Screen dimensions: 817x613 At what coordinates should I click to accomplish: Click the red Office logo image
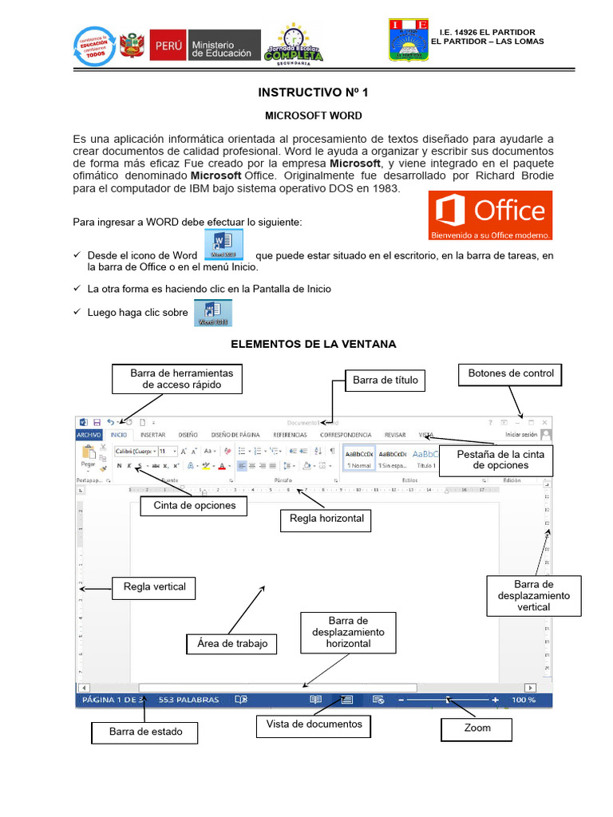point(490,215)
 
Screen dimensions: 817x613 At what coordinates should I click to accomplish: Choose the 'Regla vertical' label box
point(154,587)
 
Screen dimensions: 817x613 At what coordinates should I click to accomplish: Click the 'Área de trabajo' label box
point(232,643)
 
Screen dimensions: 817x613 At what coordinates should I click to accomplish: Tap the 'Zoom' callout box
point(477,728)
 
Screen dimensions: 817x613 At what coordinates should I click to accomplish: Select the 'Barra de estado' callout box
point(145,732)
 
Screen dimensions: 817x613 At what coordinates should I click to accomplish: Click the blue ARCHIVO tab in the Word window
point(89,435)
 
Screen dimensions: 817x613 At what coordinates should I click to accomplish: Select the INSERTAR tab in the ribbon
point(152,435)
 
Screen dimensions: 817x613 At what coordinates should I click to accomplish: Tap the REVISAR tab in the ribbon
point(395,435)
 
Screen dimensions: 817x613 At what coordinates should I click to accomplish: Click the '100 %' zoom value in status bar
point(524,700)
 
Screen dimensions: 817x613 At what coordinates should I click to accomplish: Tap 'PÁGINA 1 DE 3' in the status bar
point(112,700)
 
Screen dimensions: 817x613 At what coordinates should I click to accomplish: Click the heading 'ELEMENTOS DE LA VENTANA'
point(313,344)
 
